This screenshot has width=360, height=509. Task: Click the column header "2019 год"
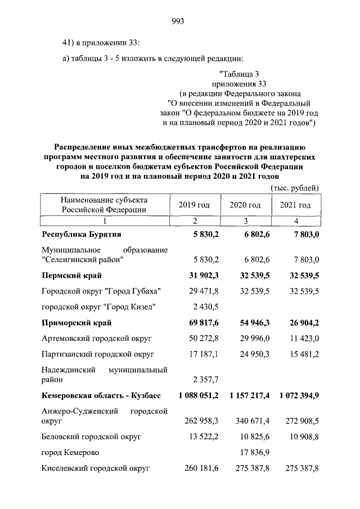[194, 205]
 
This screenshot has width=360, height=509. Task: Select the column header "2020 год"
[245, 205]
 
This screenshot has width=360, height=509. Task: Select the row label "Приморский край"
[76, 323]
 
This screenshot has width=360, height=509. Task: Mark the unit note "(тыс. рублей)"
[295, 187]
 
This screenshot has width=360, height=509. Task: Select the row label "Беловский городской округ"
[91, 436]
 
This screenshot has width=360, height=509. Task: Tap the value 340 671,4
[250, 420]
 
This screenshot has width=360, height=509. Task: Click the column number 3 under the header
[245, 220]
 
